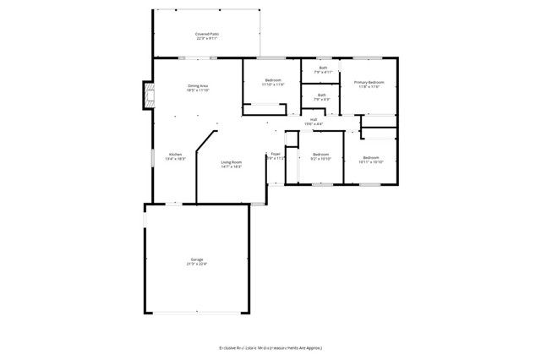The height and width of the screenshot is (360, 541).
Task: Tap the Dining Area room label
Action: click(198, 85)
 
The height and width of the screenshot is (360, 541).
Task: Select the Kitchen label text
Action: click(175, 154)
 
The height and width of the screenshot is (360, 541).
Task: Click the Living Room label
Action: click(232, 161)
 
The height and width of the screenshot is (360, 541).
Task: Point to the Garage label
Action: click(196, 259)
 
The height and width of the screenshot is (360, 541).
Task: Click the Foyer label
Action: click(276, 154)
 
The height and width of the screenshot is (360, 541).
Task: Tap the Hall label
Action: click(314, 120)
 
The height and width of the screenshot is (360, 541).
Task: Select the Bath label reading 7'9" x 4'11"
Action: click(322, 68)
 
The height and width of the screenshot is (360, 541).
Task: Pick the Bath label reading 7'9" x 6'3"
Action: click(322, 95)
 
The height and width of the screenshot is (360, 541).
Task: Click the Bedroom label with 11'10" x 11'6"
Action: click(272, 80)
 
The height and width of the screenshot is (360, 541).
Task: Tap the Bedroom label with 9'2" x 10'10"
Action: click(320, 154)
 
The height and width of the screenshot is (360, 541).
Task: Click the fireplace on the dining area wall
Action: click(148, 95)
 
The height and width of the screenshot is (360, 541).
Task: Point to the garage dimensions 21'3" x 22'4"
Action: click(196, 265)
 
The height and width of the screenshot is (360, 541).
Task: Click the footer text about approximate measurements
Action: click(270, 347)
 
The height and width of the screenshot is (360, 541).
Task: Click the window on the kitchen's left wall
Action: click(152, 156)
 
